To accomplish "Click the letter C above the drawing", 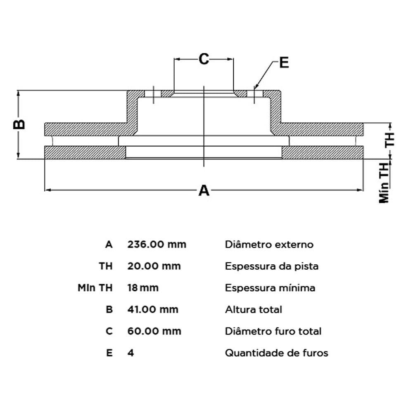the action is pyautogui.click(x=204, y=59).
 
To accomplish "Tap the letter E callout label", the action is pyautogui.click(x=284, y=63).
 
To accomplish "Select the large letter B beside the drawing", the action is pyautogui.click(x=19, y=124).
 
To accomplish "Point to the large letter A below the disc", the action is pyautogui.click(x=204, y=190).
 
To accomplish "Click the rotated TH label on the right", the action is pyautogui.click(x=389, y=140).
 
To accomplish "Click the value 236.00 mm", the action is pyautogui.click(x=157, y=244).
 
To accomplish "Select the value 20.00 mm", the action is pyautogui.click(x=154, y=266).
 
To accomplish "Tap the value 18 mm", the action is pyautogui.click(x=143, y=287).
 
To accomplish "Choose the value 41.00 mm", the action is pyautogui.click(x=153, y=309).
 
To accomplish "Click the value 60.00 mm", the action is pyautogui.click(x=154, y=331).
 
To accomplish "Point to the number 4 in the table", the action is pyautogui.click(x=131, y=353).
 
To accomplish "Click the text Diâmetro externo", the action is pyautogui.click(x=269, y=244).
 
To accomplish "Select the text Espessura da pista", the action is pyautogui.click(x=272, y=266).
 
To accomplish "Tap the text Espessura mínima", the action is pyautogui.click(x=270, y=287).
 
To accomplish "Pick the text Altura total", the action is pyautogui.click(x=254, y=309).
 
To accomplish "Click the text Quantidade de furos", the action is pyautogui.click(x=277, y=353).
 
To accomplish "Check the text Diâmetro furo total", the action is pyautogui.click(x=273, y=331).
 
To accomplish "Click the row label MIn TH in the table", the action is pyautogui.click(x=95, y=287).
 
